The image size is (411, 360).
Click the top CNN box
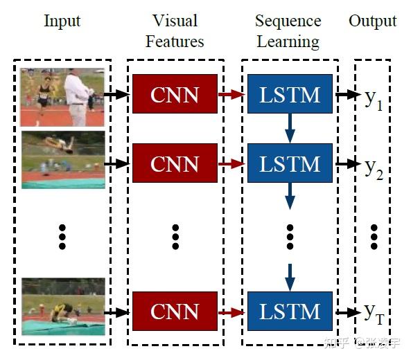[175, 94]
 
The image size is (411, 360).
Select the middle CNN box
[175, 163]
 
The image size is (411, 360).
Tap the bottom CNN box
[175, 312]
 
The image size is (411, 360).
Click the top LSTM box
[289, 94]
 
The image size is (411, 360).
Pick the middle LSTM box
[289, 163]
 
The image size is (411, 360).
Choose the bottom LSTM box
[289, 312]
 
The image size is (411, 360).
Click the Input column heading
[62, 20]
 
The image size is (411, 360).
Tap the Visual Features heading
[175, 31]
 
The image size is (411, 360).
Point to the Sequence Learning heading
[288, 31]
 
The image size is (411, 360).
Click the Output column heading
[373, 20]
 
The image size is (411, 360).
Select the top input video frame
[62, 96]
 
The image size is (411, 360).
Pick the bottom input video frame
[62, 307]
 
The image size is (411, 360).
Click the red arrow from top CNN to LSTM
[231, 94]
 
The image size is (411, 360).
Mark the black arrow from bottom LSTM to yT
[347, 312]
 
